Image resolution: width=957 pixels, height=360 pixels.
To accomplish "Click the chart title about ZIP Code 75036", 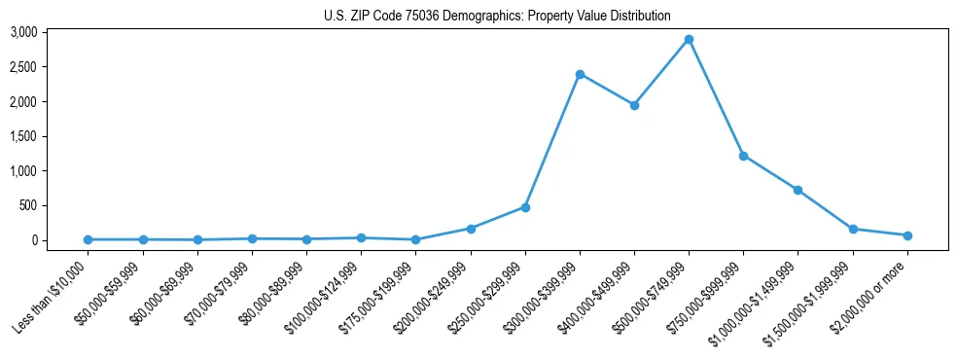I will click(497, 16).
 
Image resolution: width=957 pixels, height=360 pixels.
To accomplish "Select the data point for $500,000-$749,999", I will click(689, 40).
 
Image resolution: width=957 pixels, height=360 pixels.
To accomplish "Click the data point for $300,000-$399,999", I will click(580, 74).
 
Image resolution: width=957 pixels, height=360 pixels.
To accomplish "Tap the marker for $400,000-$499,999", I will click(634, 105).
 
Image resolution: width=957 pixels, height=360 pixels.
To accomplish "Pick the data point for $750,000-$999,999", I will click(743, 156).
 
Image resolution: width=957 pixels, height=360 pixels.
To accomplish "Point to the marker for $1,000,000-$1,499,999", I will click(797, 190).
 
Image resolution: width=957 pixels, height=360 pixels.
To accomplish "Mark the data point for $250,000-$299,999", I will click(525, 207).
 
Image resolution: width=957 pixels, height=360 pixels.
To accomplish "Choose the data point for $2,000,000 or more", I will click(907, 235).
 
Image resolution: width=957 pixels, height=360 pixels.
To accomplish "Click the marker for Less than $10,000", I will click(89, 239).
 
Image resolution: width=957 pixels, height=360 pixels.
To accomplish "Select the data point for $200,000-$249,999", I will click(471, 229).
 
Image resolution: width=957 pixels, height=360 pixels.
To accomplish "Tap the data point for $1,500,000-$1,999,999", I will click(853, 229).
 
